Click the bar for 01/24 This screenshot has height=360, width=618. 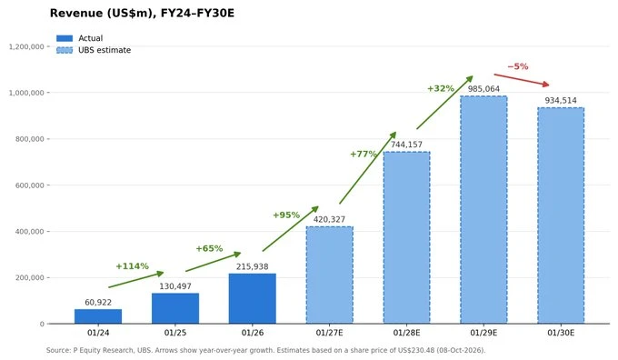coord(98,316)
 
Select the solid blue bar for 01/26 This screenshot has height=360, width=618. coord(253,298)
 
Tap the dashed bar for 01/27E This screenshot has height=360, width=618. coord(330,275)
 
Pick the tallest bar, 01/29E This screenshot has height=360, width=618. coord(483,210)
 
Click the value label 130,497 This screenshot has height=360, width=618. coord(175,286)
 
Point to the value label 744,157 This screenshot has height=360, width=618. coord(406,145)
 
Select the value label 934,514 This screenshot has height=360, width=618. coord(561,101)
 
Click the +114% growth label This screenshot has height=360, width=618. coord(133,266)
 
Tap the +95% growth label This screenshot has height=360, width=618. coord(286,215)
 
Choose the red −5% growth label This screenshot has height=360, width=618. coord(518,66)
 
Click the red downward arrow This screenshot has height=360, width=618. coord(522,79)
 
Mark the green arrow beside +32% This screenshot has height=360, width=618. coord(444,103)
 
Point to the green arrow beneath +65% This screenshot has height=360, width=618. coord(214,262)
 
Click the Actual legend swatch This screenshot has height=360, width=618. coord(65,38)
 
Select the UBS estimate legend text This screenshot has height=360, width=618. coord(105,50)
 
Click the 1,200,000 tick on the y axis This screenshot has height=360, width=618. coord(26,46)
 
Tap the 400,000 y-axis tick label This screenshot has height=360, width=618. coord(30,232)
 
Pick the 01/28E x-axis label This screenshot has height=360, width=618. coord(406,333)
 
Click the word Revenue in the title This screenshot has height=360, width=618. coord(76,13)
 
